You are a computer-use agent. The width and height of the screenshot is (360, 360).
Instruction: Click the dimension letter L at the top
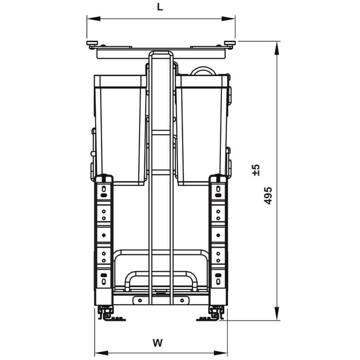click(x=160, y=7)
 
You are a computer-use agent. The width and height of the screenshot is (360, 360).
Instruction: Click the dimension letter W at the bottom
click(x=158, y=343)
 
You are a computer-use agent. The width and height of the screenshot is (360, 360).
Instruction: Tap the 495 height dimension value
click(x=268, y=195)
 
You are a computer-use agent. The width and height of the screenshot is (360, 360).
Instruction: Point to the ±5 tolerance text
click(x=256, y=170)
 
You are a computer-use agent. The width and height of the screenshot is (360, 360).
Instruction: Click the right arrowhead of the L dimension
click(x=228, y=18)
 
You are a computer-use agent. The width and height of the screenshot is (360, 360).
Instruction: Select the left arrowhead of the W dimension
click(x=102, y=352)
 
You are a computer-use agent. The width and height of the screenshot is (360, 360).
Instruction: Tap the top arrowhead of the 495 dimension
click(x=277, y=48)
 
